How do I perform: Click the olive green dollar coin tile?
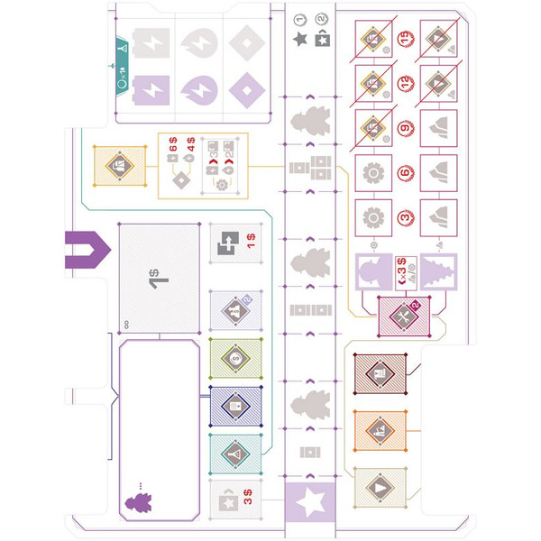coord(234,358)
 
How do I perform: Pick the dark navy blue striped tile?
coord(234,406)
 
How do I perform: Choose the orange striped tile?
coord(379,432)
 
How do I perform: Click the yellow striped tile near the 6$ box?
coord(120,164)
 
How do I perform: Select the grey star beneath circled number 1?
coord(299,39)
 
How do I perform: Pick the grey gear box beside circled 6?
coord(370,172)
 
